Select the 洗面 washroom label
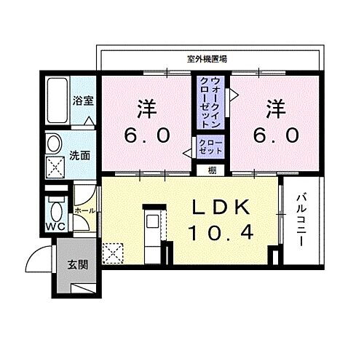tap(82, 155)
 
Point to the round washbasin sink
tap(53, 143)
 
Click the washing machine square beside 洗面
tap(55, 167)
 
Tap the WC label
tap(56, 226)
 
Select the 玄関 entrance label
tap(78, 264)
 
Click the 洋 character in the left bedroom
tap(146, 108)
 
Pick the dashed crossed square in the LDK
tap(114, 253)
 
